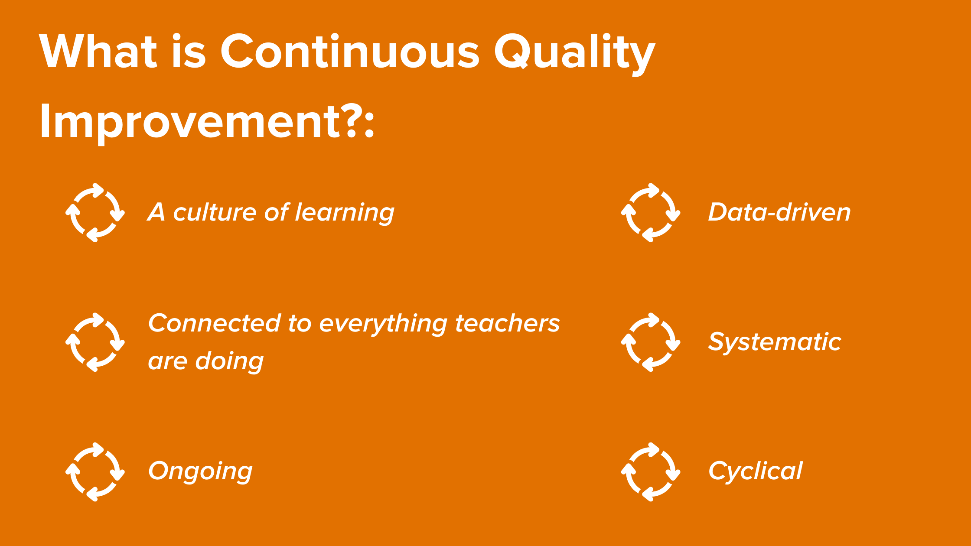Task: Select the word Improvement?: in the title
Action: [x=207, y=122]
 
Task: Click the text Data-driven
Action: [x=779, y=212]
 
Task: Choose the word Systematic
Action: [x=775, y=342]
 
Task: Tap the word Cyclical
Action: [x=756, y=471]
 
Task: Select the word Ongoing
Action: [x=200, y=471]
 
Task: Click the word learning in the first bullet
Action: [x=345, y=213]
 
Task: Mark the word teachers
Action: [x=508, y=324]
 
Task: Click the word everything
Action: [x=384, y=325]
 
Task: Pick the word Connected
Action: [x=215, y=323]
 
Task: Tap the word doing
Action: [x=229, y=362]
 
